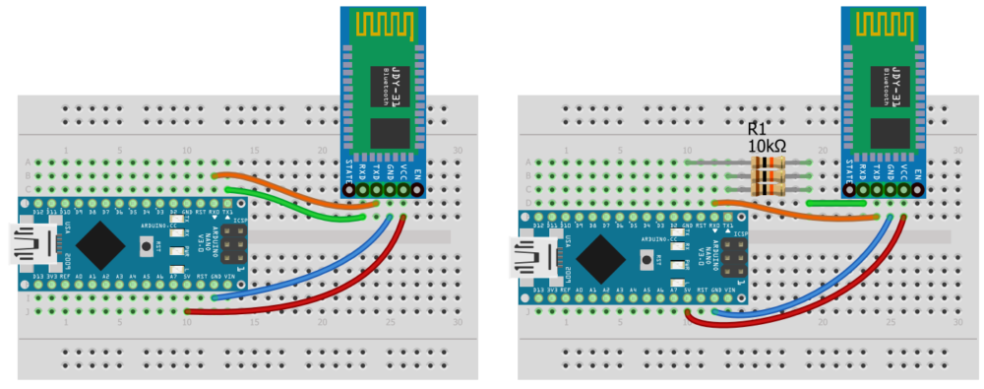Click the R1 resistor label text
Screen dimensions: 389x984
pos(758,129)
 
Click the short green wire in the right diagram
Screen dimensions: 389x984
pos(835,203)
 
